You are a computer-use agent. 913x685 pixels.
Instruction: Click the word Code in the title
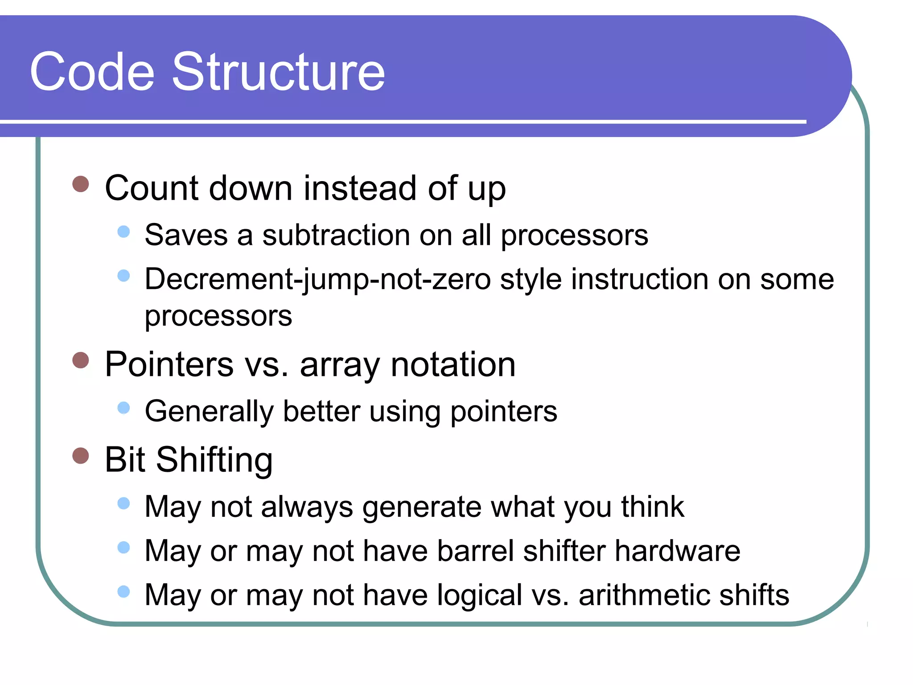tap(92, 72)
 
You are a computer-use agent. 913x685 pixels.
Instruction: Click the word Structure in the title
tap(278, 72)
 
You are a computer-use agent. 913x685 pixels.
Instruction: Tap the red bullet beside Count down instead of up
tap(81, 184)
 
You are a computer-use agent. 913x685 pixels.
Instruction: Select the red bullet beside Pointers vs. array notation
tap(81, 360)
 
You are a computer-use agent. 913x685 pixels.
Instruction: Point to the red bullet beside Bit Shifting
tap(81, 456)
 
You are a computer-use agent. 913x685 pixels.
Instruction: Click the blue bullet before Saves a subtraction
tap(123, 231)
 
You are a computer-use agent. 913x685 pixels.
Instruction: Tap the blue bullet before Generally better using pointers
tap(123, 408)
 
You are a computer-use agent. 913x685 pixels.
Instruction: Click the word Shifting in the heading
tap(214, 460)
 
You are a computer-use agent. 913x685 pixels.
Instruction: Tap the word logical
tap(479, 595)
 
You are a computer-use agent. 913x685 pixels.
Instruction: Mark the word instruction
tap(640, 280)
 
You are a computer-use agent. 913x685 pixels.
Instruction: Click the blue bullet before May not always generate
tap(123, 503)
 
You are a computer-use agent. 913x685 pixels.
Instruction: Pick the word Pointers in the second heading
tap(169, 364)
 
